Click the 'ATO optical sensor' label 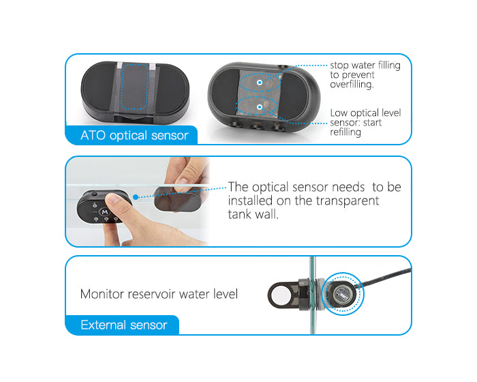pos(134,135)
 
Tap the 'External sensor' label pos(124,325)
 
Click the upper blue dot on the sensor pos(260,83)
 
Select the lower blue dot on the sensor pos(260,107)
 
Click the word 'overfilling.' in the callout pos(352,85)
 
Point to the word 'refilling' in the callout pos(345,132)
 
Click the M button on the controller pos(105,211)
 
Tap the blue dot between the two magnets pos(136,197)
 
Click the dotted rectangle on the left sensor pos(134,86)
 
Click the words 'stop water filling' pos(365,65)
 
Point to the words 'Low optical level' pos(365,113)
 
